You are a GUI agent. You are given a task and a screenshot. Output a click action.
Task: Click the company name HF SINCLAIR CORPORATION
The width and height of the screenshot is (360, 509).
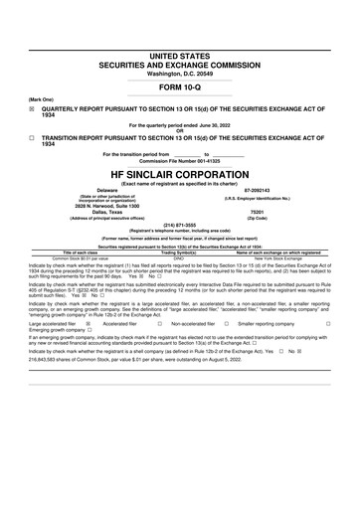(179, 170)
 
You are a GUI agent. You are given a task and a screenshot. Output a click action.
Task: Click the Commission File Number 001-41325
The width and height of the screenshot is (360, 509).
(179, 160)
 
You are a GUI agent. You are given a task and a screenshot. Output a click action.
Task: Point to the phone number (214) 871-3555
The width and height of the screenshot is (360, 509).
(179, 225)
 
